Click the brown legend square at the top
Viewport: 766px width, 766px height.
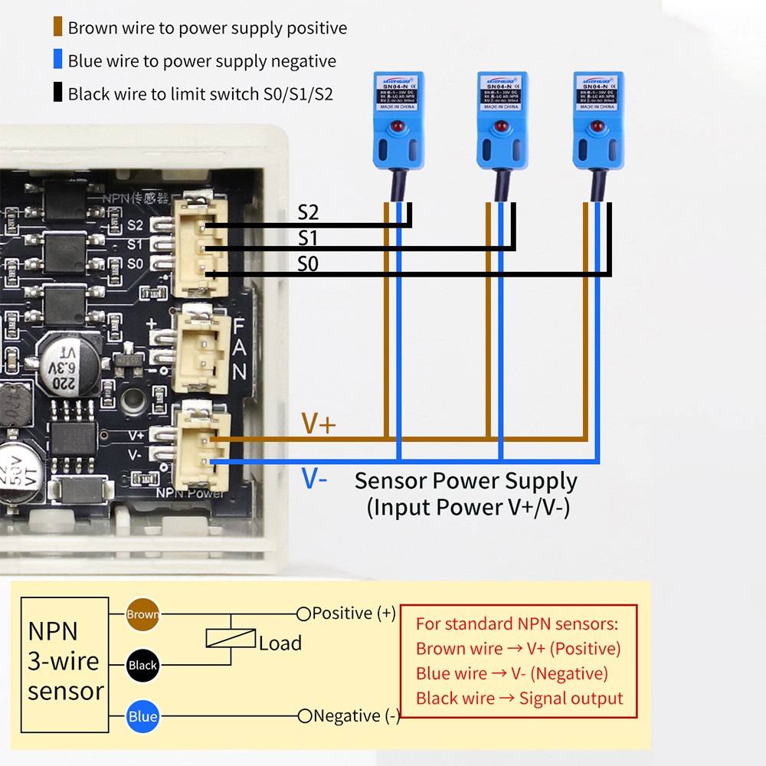(x=57, y=28)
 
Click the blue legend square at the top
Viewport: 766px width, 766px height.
(x=57, y=61)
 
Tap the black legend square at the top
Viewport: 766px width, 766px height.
(x=57, y=94)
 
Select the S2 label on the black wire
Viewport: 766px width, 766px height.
(x=308, y=213)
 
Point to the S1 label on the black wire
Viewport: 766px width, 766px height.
(x=307, y=238)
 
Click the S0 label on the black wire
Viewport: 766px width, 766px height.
(x=307, y=264)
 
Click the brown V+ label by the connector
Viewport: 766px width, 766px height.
(x=318, y=424)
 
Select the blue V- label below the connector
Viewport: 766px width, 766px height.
(x=314, y=480)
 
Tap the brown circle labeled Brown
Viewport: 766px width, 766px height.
(x=142, y=614)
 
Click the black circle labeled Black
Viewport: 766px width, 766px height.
(x=142, y=665)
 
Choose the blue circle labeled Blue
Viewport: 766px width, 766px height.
(x=142, y=717)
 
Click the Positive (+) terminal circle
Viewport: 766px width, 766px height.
(x=303, y=614)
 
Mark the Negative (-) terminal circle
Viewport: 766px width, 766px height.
(x=304, y=716)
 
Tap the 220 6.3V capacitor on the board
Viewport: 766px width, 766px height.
(x=70, y=367)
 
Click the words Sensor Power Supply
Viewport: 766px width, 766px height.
(x=466, y=481)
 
